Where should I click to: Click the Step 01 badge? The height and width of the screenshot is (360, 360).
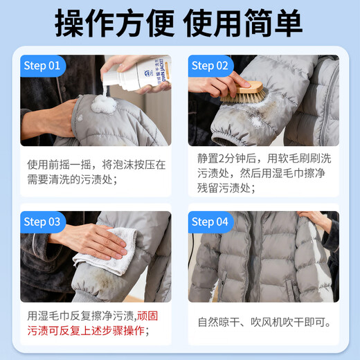pos(44,66)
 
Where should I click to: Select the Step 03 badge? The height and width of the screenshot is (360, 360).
pos(44,222)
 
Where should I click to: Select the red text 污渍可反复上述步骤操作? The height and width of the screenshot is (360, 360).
pos(87,331)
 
